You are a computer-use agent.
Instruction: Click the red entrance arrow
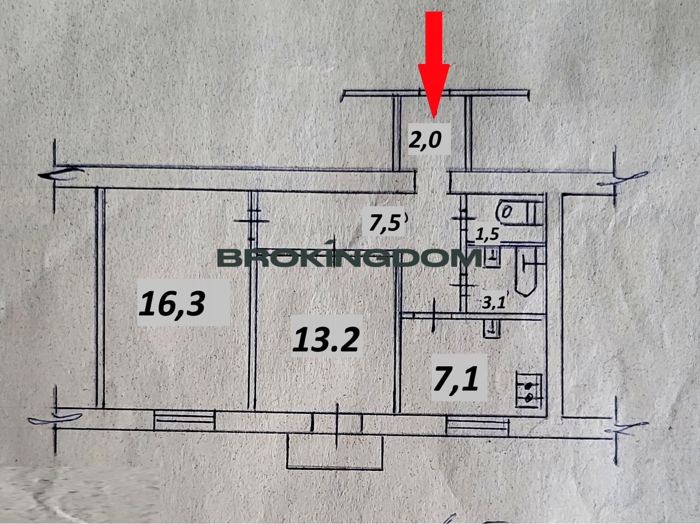(434, 65)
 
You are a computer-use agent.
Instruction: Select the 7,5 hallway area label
(385, 224)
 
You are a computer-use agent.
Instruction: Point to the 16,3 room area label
(171, 303)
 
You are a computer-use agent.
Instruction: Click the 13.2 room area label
(326, 340)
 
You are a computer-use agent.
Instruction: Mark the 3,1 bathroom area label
(493, 302)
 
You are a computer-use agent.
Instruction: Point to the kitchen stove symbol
(529, 391)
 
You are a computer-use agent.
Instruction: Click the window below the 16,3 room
(184, 420)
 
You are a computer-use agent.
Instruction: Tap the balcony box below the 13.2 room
(335, 452)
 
